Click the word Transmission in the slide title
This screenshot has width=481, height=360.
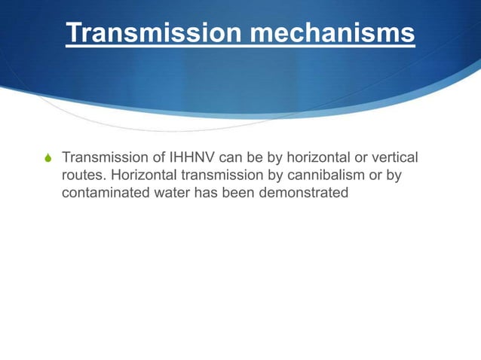click(139, 34)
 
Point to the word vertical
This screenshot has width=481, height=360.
click(392, 159)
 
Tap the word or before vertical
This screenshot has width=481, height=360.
click(354, 159)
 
